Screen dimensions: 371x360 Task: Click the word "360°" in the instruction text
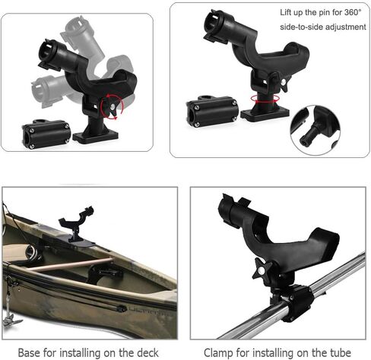(x=352, y=12)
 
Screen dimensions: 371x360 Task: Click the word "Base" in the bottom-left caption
(x=28, y=352)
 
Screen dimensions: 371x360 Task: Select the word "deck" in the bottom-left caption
(x=147, y=352)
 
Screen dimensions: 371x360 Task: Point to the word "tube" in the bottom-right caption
(x=341, y=352)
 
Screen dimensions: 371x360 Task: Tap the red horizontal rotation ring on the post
(x=265, y=99)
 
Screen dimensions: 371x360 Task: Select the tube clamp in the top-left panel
(x=46, y=134)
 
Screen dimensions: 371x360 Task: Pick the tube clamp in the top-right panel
(x=213, y=111)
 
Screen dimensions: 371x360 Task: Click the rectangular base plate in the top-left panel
(x=96, y=136)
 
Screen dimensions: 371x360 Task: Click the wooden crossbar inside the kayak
(x=71, y=265)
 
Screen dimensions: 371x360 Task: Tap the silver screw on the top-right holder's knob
(x=284, y=81)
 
